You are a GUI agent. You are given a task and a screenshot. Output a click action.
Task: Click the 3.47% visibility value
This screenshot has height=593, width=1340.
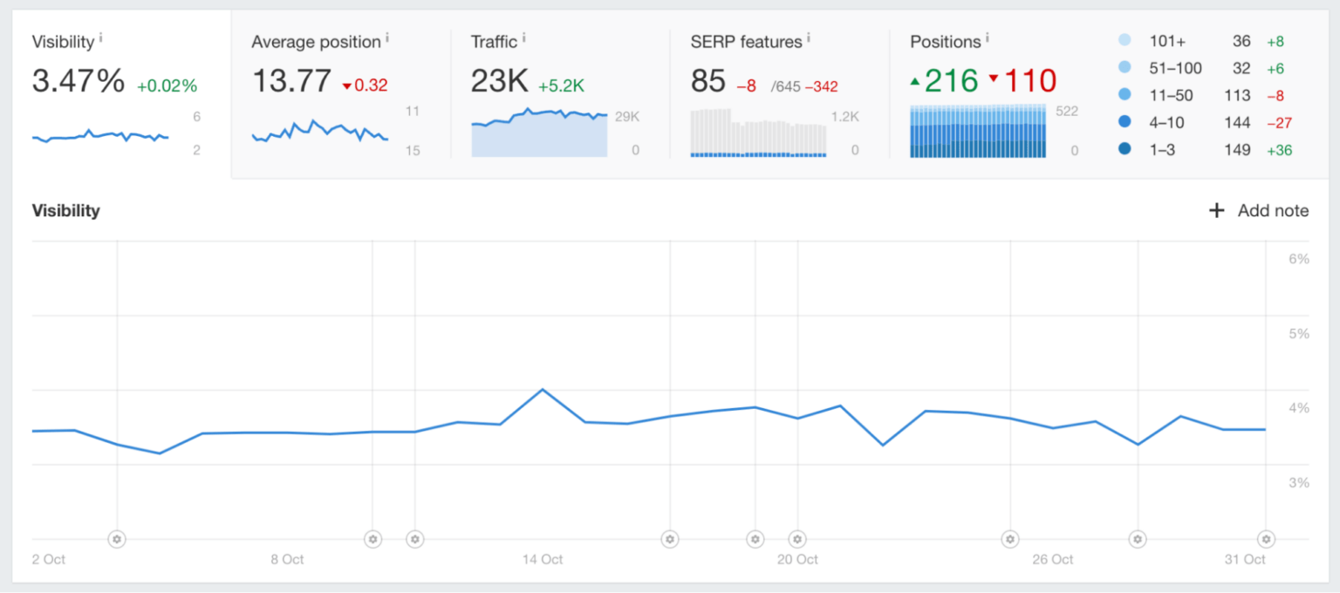tap(79, 81)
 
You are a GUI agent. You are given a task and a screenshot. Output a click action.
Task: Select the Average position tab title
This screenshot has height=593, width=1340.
tap(316, 42)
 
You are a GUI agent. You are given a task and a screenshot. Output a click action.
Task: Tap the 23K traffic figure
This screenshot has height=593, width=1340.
tap(499, 81)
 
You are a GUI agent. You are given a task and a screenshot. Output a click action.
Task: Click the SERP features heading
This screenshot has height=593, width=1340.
tap(746, 42)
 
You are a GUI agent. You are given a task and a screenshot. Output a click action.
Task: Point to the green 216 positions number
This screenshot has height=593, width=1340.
tap(952, 81)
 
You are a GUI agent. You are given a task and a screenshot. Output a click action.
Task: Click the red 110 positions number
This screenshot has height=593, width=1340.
tap(1030, 81)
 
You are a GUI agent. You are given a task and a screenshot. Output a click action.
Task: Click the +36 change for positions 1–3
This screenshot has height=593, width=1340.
tap(1279, 150)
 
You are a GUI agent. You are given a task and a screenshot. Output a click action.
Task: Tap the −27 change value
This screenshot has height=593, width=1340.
tap(1279, 122)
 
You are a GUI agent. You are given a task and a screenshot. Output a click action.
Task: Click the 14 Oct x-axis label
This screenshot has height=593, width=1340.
tap(543, 559)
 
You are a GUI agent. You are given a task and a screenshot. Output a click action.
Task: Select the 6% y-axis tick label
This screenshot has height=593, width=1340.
tap(1298, 259)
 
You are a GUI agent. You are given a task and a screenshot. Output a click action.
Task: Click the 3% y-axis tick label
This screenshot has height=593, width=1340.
tap(1298, 482)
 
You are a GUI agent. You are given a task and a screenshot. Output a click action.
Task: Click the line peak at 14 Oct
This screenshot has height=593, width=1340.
tap(543, 389)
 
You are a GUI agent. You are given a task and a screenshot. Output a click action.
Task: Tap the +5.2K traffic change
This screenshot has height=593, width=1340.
tap(561, 85)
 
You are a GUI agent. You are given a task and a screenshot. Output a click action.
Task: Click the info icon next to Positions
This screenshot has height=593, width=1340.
tap(987, 38)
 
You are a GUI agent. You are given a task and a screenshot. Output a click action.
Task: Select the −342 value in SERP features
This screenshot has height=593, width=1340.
tap(820, 86)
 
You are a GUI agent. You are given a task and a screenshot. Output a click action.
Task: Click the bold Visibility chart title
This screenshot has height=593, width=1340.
tap(65, 211)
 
